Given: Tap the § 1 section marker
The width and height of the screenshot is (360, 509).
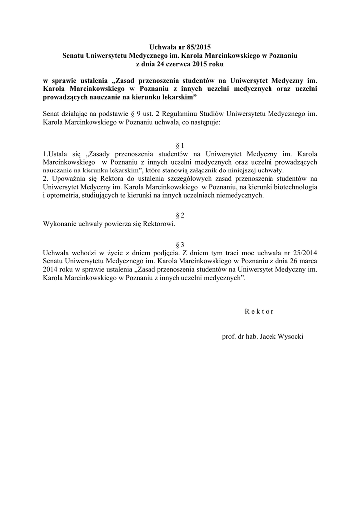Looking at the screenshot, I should (180, 145).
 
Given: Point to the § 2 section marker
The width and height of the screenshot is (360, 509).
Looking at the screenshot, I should (180, 215).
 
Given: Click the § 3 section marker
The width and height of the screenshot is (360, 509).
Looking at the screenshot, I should (180, 244).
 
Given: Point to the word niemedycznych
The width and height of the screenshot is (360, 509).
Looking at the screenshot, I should (239, 196).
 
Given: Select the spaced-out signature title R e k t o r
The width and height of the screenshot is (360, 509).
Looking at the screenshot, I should (259, 311).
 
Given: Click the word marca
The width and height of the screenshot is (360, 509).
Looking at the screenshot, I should (307, 261).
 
